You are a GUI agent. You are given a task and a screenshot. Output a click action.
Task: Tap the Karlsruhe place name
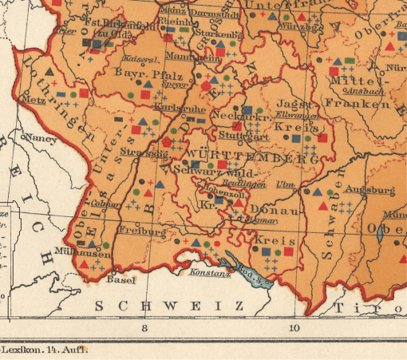point(173,106)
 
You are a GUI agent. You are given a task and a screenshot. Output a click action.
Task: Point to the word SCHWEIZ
point(170,306)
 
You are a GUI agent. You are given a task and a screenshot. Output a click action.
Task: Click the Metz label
point(34,101)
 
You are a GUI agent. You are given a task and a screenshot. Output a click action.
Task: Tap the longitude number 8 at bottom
point(144,327)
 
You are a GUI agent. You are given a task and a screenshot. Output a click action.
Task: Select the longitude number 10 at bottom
point(294,327)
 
